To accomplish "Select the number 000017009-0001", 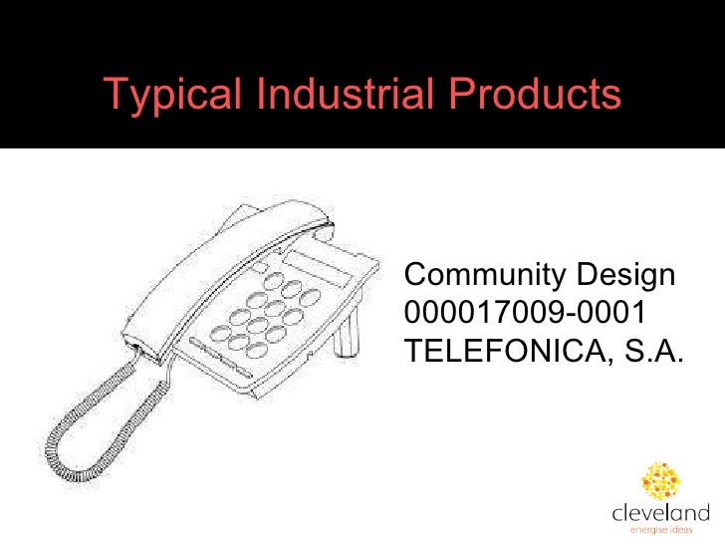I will (525, 313).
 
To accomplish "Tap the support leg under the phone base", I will (347, 334).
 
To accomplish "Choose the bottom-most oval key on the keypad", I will (256, 349).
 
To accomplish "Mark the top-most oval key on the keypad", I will (293, 288).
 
